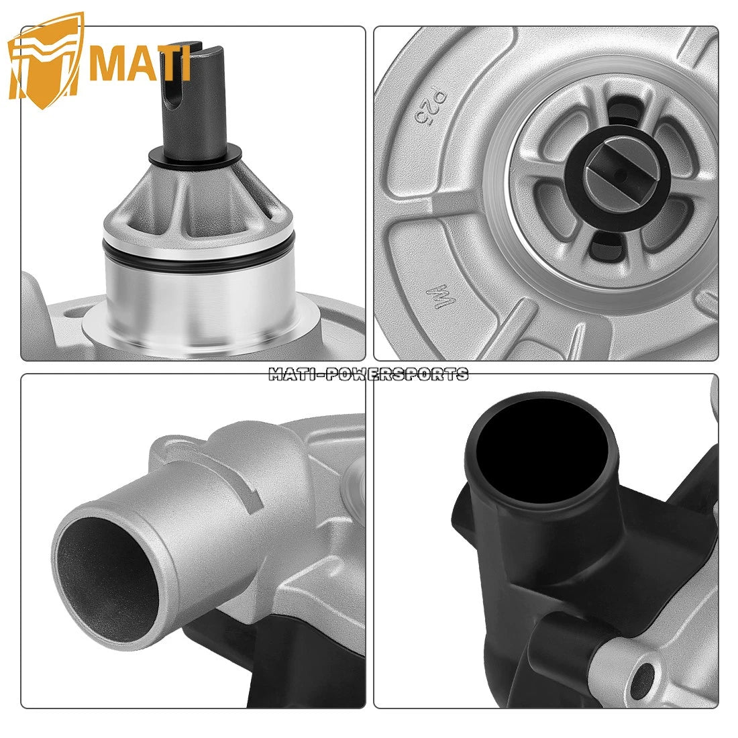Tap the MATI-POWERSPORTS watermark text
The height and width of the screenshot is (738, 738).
[368, 374]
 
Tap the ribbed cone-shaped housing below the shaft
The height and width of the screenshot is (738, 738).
[195, 201]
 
